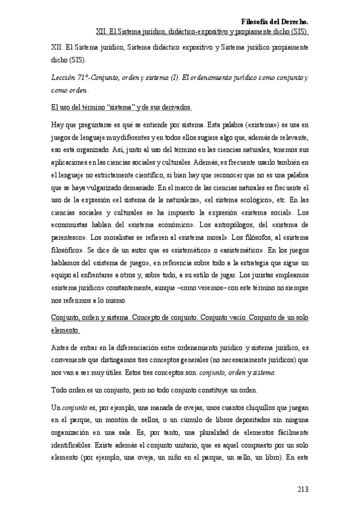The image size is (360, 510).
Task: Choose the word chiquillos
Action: [245, 408]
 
